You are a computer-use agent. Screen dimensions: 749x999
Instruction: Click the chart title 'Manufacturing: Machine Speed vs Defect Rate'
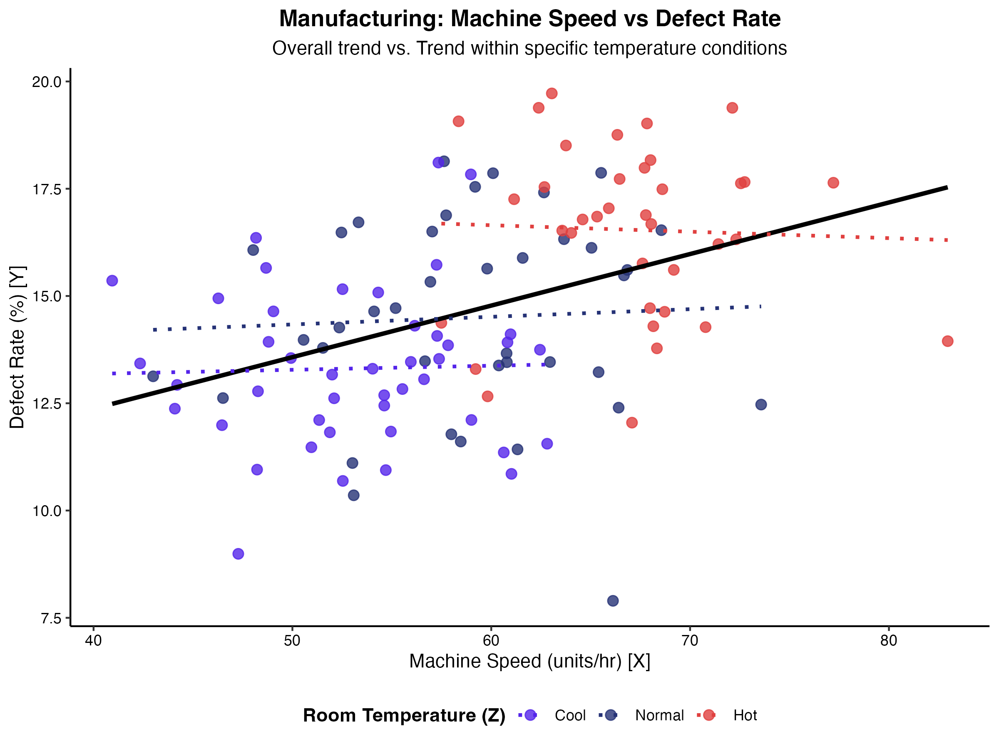pos(530,19)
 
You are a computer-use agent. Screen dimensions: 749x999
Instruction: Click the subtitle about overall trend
pos(529,48)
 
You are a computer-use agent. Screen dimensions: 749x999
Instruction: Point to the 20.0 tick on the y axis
pos(46,82)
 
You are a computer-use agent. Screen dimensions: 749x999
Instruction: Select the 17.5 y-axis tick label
pos(46,189)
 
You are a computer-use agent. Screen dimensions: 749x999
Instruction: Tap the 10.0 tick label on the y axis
pos(46,511)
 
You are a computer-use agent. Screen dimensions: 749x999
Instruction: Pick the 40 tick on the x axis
pos(94,642)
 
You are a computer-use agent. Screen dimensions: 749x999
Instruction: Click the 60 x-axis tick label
pos(491,642)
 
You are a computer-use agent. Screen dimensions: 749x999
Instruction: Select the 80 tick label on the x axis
pos(888,642)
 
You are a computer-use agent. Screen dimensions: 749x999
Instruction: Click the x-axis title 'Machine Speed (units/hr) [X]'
pos(529,662)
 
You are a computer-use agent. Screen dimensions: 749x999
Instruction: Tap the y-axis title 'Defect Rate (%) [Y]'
pos(18,347)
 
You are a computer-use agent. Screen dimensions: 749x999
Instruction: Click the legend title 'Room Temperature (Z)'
pos(404,716)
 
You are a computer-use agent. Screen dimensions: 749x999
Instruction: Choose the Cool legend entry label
pos(570,716)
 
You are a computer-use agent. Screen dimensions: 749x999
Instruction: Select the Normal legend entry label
pos(659,716)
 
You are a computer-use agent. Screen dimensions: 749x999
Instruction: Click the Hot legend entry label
pos(745,716)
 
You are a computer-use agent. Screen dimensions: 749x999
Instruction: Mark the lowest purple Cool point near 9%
pos(238,554)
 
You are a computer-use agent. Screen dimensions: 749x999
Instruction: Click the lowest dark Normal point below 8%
pos(613,601)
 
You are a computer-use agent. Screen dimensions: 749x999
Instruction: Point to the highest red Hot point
pos(552,94)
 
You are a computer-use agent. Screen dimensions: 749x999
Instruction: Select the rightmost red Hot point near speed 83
pos(947,341)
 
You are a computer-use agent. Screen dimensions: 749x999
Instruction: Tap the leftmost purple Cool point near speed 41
pos(112,281)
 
